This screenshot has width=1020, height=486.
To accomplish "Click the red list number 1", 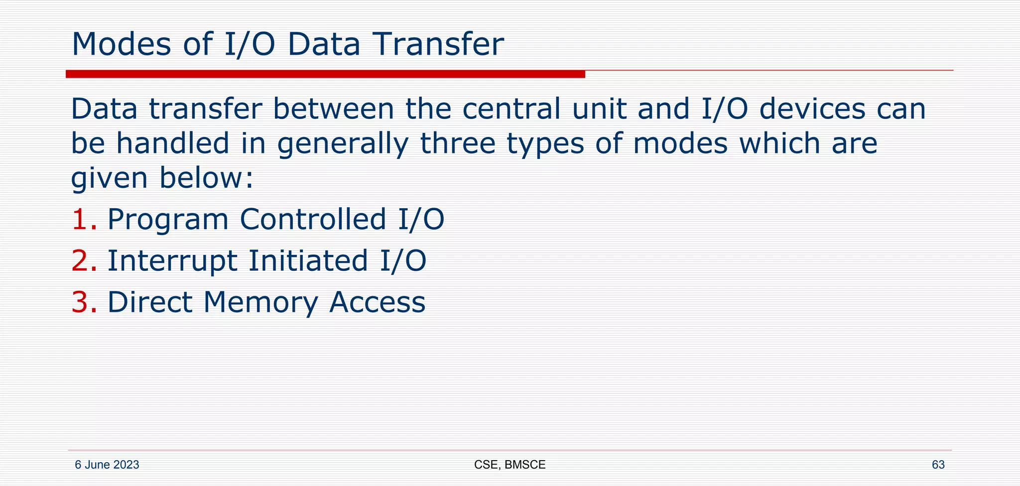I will pos(83,220).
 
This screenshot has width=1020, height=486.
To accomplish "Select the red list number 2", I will pos(83,261).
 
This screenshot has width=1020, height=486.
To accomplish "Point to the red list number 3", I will pos(83,302).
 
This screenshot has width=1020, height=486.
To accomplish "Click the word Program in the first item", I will pos(168,220).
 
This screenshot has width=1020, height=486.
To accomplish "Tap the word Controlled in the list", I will pos(313,220).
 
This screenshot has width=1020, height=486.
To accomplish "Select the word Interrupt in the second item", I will pos(172,261).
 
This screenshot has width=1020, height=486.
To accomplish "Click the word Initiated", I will pos(308,261).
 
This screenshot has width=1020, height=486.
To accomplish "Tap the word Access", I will pos(377,302).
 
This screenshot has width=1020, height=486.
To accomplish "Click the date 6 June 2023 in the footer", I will pos(107,465).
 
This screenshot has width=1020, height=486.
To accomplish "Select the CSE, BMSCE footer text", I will pos(510,465).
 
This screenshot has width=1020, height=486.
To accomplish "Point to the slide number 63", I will pos(938,465).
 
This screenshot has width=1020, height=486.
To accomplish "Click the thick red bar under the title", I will pos(325,74).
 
